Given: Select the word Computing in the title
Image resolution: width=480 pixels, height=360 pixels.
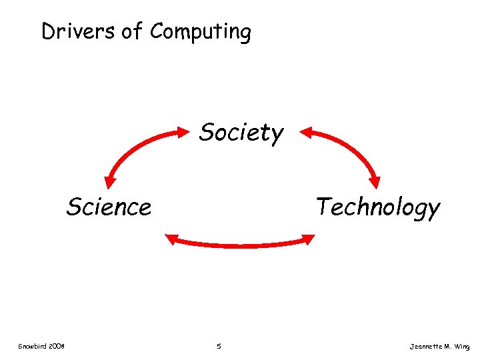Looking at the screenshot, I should [x=201, y=32].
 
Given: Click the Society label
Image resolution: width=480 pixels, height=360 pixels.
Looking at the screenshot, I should [x=241, y=133].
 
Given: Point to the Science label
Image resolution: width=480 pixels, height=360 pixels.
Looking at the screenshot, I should [x=109, y=207].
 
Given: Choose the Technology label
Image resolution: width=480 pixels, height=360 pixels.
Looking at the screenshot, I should [x=378, y=207].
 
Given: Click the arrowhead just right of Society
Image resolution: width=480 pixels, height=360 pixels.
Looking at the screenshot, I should [x=306, y=132].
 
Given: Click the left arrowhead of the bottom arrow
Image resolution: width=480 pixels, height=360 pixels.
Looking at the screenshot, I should [x=171, y=238].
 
